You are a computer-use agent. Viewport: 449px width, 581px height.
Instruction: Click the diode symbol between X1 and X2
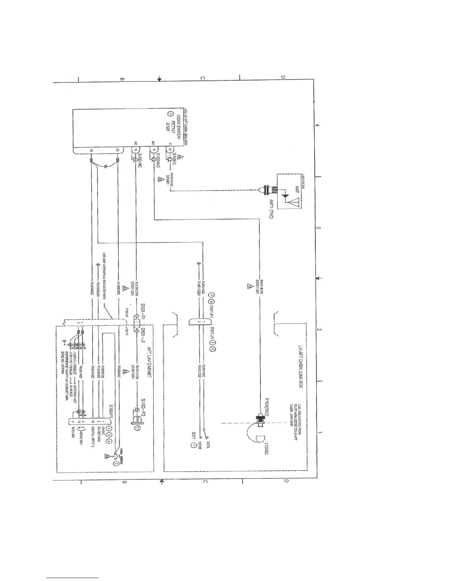[x=106, y=167]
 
